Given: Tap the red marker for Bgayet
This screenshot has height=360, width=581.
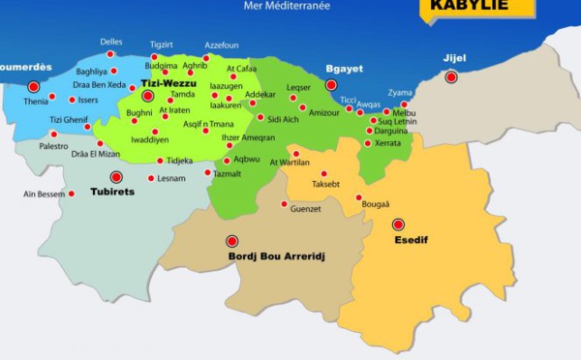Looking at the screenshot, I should [x=331, y=85].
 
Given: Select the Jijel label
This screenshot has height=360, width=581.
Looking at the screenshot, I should [x=454, y=58].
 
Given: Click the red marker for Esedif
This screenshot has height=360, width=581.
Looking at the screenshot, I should [x=398, y=225].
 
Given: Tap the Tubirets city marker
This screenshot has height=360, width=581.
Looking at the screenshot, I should [x=117, y=177].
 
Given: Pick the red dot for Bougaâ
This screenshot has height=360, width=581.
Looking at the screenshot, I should [x=358, y=197].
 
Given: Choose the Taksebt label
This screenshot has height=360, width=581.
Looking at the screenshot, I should [x=325, y=183].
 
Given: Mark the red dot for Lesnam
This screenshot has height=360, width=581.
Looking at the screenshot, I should [x=150, y=178].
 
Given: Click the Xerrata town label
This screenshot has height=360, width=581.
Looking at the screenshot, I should [x=387, y=143].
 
